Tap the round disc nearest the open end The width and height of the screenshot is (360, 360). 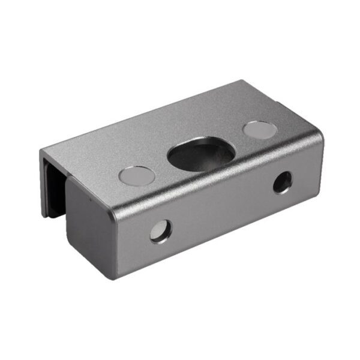[137, 175]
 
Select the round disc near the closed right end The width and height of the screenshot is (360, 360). [260, 129]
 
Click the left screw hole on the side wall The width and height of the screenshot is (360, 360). [161, 231]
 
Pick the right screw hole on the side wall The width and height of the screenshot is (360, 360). [282, 182]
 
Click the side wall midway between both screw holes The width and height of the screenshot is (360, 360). [221, 206]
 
